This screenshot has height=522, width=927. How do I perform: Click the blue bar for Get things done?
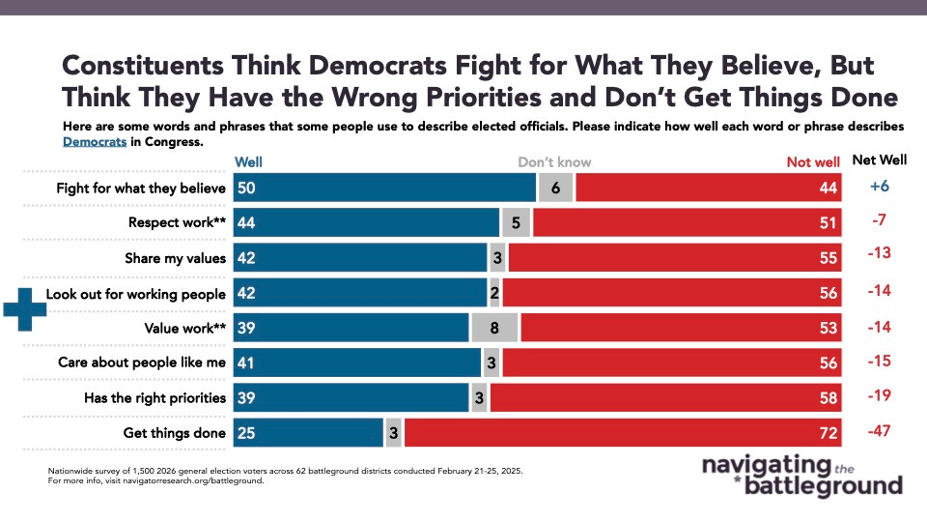tap(309, 433)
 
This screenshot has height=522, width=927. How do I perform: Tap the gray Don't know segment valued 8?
tap(494, 329)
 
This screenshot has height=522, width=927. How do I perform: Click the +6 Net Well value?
tap(878, 188)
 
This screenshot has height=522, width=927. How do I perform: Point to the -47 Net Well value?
tap(878, 433)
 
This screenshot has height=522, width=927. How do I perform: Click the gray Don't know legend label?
tap(554, 162)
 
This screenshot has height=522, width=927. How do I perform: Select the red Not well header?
tap(813, 162)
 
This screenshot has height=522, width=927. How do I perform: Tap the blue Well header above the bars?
tap(248, 162)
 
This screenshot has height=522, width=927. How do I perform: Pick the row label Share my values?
tap(175, 258)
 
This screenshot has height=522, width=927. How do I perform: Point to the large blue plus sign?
tap(25, 309)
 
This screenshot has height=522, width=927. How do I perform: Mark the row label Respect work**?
tap(177, 222)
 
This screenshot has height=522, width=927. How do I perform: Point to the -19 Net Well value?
tap(878, 397)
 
